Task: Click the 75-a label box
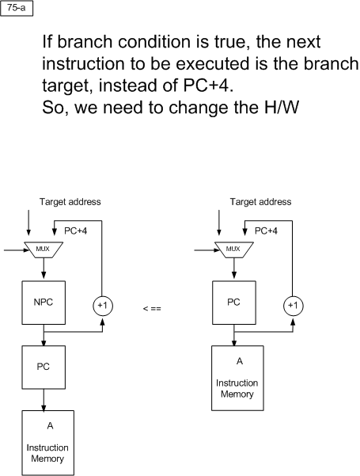pos(17,8)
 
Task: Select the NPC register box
pos(44,303)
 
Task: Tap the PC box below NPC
pos(44,367)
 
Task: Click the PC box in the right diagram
pos(234,303)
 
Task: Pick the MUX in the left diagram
pos(44,249)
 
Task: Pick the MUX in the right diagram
pos(234,249)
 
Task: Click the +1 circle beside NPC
pos(103,306)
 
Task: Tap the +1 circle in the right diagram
pos(293,306)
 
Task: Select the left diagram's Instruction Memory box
pos(48,443)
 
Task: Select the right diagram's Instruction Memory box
pos(237,379)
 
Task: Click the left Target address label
pos(70,202)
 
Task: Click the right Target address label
pos(260,202)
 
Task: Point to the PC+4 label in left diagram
pos(75,231)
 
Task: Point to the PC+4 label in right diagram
pos(266,231)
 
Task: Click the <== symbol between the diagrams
pos(152,309)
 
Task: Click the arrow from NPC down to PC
pos(44,335)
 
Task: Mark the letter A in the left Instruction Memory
pos(50,425)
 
